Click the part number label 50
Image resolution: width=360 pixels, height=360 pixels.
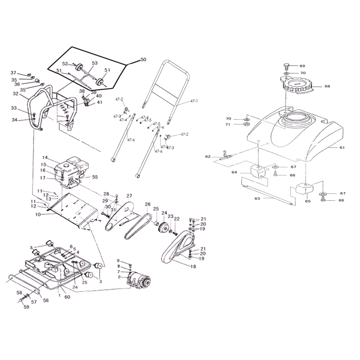pos(143,60)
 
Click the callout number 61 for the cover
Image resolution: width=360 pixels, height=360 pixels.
pos(342,148)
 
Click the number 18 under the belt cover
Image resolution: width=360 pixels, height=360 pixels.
pos(193,266)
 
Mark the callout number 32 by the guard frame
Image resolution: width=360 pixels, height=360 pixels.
pos(15,94)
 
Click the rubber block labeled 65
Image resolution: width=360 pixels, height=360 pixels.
pos(304,188)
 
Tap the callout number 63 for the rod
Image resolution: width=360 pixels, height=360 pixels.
pos(257,198)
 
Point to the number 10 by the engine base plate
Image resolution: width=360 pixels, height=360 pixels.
pos(38,215)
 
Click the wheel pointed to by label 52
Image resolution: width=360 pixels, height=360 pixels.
pos(80,68)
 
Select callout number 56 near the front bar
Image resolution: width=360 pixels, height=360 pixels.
pos(46,300)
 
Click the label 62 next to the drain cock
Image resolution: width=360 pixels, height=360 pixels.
pos(208,157)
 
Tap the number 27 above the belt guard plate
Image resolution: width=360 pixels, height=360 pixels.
pos(129,196)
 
